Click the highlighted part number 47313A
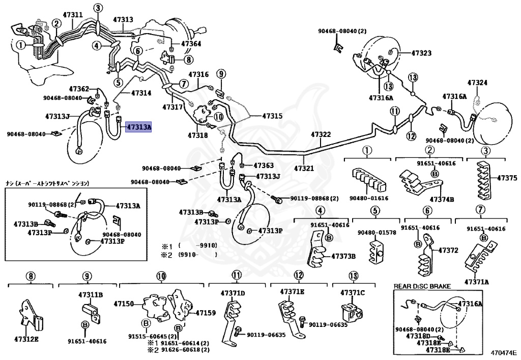tap(139, 127)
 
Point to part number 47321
tap(304, 168)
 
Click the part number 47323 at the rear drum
tap(421, 53)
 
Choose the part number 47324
tap(477, 82)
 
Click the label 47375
tap(507, 178)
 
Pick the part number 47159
tap(206, 313)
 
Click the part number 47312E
tap(26, 339)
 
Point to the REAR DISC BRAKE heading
tap(422, 287)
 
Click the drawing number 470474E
tap(504, 352)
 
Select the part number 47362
tap(79, 89)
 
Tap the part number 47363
tap(264, 165)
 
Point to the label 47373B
tap(343, 256)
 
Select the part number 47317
tap(172, 107)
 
